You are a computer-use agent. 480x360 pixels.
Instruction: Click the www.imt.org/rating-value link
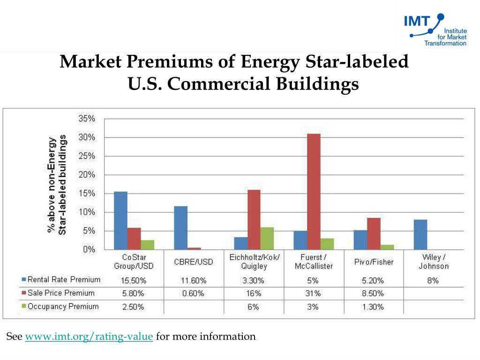tap(89, 337)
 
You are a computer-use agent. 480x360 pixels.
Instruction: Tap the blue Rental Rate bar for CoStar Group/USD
tap(120, 220)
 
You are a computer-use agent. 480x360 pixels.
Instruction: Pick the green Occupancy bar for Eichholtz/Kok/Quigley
tap(267, 238)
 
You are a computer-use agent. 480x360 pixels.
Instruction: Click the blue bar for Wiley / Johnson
tap(420, 234)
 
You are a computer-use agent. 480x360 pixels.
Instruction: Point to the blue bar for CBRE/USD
tap(180, 228)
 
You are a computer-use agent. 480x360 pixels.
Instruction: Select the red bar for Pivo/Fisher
tap(374, 233)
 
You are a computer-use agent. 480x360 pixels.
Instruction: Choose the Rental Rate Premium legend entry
tap(61, 280)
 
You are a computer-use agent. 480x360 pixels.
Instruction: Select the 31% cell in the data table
tap(314, 294)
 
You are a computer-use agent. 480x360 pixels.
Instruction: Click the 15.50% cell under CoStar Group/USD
tap(134, 281)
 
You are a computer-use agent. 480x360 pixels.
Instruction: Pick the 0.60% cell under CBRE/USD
tap(194, 294)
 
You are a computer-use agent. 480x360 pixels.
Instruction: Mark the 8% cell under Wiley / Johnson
tap(433, 281)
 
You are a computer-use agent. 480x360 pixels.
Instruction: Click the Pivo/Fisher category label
tap(374, 262)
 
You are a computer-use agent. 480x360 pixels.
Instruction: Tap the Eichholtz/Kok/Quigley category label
tap(254, 262)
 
